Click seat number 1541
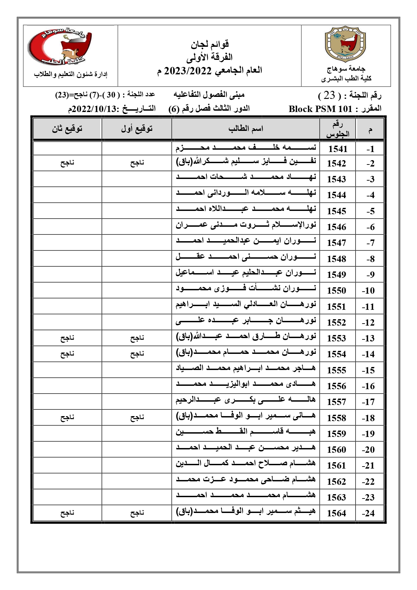(x=338, y=149)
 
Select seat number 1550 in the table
(x=336, y=291)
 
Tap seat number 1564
(x=336, y=513)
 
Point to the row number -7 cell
(x=370, y=243)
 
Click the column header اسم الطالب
(x=246, y=128)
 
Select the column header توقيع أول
(x=137, y=128)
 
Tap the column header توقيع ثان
(x=67, y=128)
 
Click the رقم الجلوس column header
(x=338, y=129)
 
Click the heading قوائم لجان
(x=210, y=44)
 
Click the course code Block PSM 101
(x=320, y=109)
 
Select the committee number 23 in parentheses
(x=329, y=96)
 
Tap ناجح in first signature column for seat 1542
(x=137, y=163)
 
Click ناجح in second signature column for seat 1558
(x=67, y=418)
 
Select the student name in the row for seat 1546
(x=246, y=225)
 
